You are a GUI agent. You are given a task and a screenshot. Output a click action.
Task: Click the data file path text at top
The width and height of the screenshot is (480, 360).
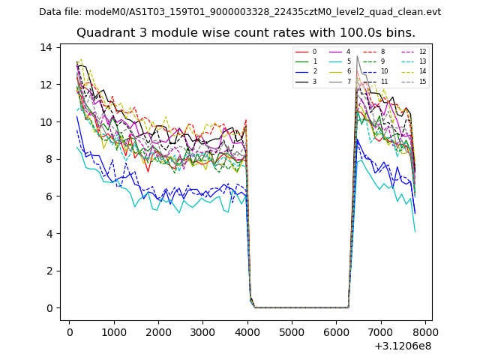pyautogui.click(x=240, y=12)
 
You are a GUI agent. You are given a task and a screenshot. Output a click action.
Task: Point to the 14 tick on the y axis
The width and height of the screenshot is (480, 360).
pyautogui.click(x=46, y=47)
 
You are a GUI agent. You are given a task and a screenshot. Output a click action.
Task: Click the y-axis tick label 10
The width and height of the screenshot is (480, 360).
pyautogui.click(x=46, y=122)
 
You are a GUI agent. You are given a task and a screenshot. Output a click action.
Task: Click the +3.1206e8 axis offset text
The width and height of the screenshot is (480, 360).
pyautogui.click(x=403, y=346)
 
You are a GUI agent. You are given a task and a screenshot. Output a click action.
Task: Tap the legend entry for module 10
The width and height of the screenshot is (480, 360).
pyautogui.click(x=383, y=71)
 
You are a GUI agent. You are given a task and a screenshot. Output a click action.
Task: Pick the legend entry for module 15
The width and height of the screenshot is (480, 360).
pyautogui.click(x=422, y=82)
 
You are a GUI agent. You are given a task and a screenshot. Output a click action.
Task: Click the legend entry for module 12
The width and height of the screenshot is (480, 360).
pyautogui.click(x=422, y=52)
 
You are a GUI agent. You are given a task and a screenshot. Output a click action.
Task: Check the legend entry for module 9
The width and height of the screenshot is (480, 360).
pyautogui.click(x=382, y=61)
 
